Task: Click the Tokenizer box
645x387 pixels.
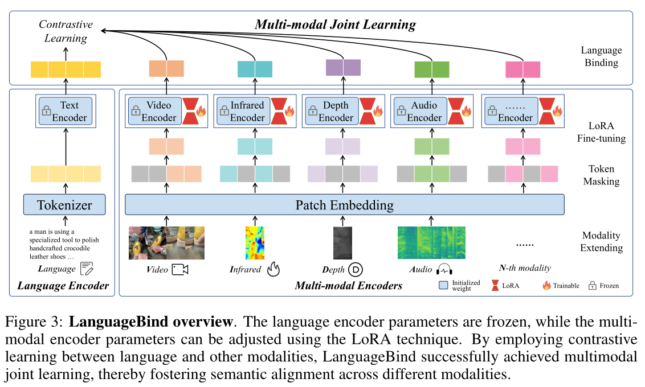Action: (64, 204)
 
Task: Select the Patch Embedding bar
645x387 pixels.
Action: (344, 204)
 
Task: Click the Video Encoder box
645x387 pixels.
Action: (154, 111)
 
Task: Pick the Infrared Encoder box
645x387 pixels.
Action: (242, 111)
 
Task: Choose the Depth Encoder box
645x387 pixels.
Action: (331, 111)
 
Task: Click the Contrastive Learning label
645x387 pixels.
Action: (66, 31)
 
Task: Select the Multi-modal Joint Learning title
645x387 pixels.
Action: (335, 24)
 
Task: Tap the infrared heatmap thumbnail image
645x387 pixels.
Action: (255, 243)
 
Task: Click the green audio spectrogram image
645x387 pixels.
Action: (431, 243)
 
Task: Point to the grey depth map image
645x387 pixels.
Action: (343, 243)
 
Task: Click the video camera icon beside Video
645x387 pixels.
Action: (179, 269)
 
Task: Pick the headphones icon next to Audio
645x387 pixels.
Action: (444, 269)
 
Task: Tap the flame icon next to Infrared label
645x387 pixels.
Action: (273, 269)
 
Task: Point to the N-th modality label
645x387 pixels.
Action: (525, 268)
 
